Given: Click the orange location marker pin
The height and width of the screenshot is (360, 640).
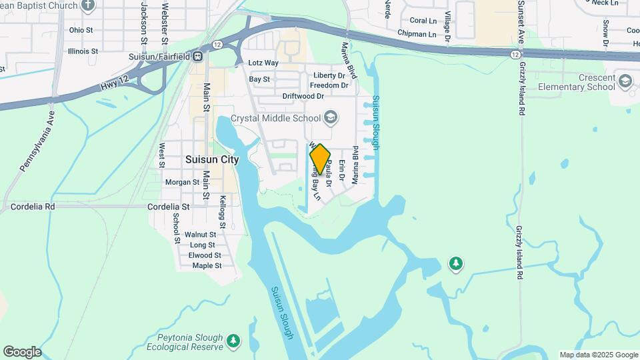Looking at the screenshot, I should coord(320,159).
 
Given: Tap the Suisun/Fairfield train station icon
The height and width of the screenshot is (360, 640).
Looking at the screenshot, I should coord(198,56).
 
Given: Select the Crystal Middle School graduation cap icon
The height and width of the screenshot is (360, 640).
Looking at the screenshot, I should coord(329,118).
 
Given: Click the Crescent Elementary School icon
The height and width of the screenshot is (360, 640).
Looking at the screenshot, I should coord(625,81).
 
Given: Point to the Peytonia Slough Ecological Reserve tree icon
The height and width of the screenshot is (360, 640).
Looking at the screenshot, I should coord(233,341).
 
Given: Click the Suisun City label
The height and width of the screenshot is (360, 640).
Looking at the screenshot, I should coord(212,160).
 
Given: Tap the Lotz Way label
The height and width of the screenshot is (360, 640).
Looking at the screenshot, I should coord(263,63).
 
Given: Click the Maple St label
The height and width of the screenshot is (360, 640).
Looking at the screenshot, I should coord(207,266).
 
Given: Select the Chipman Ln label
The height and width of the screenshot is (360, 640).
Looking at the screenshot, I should coord(416,34).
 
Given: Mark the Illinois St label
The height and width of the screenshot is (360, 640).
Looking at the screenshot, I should coord(83,51).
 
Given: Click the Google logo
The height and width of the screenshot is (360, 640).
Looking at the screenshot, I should coord(22,352).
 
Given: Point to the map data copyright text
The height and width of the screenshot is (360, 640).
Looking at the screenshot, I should coord(599,355).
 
